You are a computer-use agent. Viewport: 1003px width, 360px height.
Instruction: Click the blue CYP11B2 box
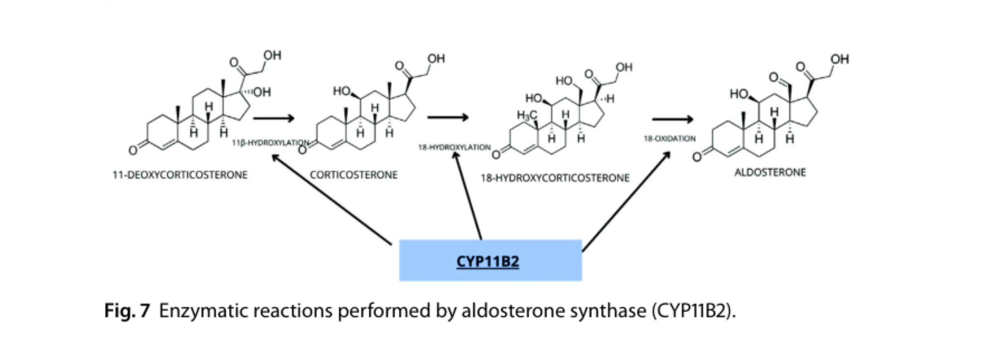pyautogui.click(x=490, y=260)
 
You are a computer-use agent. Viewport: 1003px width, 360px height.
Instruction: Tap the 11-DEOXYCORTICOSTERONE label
pyautogui.click(x=180, y=175)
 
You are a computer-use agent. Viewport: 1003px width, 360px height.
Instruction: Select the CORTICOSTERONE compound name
pyautogui.click(x=354, y=175)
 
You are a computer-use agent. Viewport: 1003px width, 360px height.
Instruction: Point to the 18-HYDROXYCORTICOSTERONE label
pyautogui.click(x=555, y=178)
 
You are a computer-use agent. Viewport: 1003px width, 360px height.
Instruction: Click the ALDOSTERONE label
pyautogui.click(x=770, y=173)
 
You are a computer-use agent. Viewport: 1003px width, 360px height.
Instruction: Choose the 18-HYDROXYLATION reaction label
pyautogui.click(x=454, y=147)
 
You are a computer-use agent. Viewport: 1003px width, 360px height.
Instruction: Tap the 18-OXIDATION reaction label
pyautogui.click(x=669, y=139)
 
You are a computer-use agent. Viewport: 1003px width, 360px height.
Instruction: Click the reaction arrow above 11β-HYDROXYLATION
pyautogui.click(x=273, y=119)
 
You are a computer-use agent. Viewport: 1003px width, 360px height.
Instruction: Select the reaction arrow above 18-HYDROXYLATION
pyautogui.click(x=448, y=118)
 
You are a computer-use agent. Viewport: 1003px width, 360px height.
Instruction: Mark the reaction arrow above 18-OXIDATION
pyautogui.click(x=672, y=119)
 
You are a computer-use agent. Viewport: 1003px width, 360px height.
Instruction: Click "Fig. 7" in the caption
pyautogui.click(x=127, y=311)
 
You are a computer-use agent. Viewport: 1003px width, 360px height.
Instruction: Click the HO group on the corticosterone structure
pyautogui.click(x=341, y=91)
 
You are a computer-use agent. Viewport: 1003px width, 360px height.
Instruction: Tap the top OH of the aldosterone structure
pyautogui.click(x=840, y=59)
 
